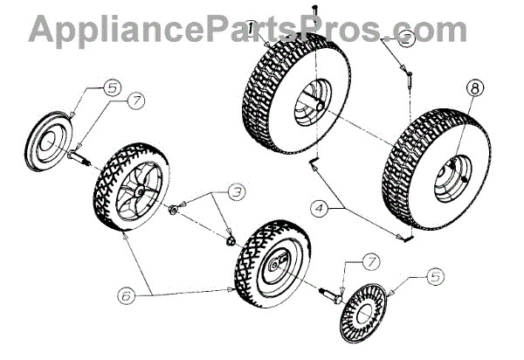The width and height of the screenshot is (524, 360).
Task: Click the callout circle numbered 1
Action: [251, 29]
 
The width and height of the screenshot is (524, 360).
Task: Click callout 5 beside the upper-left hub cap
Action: [114, 87]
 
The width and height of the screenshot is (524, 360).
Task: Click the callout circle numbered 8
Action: [472, 88]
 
